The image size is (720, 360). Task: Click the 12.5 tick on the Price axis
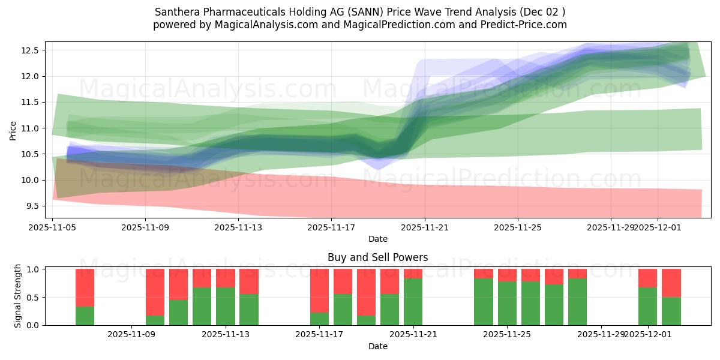31,50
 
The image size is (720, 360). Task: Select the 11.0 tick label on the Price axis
31,128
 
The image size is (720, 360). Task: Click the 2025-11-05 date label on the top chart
53,227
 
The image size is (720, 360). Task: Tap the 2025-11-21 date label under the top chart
425,227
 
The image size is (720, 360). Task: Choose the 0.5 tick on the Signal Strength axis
33,298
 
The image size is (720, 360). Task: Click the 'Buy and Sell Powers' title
377,257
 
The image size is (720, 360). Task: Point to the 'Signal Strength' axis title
18,296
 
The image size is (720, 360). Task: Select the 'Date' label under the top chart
377,239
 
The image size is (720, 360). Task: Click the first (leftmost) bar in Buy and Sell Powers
85,297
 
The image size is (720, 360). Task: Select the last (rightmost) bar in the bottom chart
671,297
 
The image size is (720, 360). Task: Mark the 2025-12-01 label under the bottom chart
647,335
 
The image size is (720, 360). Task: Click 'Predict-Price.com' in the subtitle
526,25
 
